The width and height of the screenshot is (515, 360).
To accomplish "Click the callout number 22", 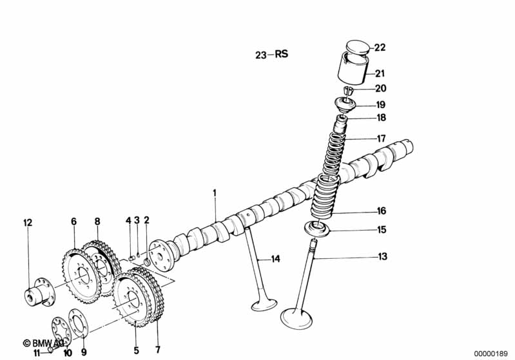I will click(x=380, y=47).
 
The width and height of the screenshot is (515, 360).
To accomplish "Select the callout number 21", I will click(x=380, y=73).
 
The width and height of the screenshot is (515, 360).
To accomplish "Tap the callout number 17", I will click(x=381, y=138).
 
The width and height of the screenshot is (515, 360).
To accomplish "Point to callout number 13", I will click(x=382, y=257).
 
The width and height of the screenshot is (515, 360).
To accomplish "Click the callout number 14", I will click(x=275, y=259).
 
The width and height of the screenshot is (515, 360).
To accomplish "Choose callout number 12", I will click(x=27, y=223).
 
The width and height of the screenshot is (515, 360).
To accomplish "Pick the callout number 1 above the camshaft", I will click(x=215, y=192).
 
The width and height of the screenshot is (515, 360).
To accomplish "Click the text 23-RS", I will click(x=271, y=55).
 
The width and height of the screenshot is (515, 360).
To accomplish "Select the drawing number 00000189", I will click(x=492, y=353).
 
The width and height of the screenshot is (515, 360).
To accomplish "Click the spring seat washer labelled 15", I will click(x=316, y=228).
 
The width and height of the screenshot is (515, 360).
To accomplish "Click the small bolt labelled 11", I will click(x=51, y=351).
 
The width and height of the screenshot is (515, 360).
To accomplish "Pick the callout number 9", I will click(x=83, y=352).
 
